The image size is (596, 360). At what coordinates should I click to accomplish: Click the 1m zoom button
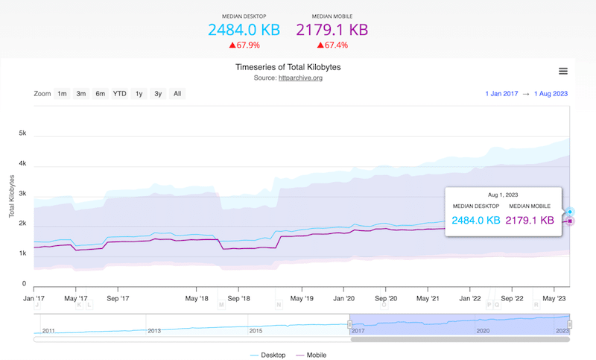62,94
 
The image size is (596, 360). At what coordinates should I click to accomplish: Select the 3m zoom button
81,94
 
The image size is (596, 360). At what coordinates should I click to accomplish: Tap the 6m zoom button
100,94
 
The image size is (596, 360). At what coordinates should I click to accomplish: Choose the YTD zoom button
119,94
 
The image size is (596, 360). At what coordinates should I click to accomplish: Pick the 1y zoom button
139,94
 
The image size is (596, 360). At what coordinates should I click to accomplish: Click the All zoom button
177,94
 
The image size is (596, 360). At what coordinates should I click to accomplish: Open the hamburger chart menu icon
563,71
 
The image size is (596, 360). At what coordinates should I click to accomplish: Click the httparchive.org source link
301,78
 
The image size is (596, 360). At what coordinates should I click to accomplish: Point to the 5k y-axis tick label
22,133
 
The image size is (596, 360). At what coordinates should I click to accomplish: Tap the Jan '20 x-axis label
343,298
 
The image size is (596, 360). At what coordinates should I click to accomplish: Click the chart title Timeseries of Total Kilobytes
293,67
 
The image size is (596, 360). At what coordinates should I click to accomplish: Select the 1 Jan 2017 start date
501,94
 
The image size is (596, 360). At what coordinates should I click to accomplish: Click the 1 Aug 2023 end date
551,94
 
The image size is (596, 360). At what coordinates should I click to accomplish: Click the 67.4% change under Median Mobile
332,45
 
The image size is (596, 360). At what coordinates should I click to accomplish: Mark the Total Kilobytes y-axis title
12,197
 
